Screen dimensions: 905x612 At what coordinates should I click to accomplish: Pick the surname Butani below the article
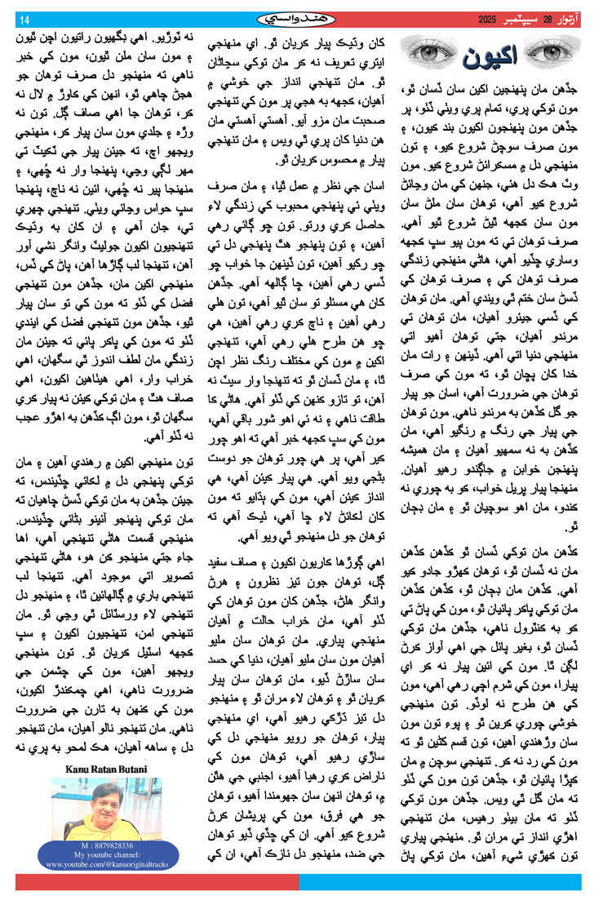click(131, 769)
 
